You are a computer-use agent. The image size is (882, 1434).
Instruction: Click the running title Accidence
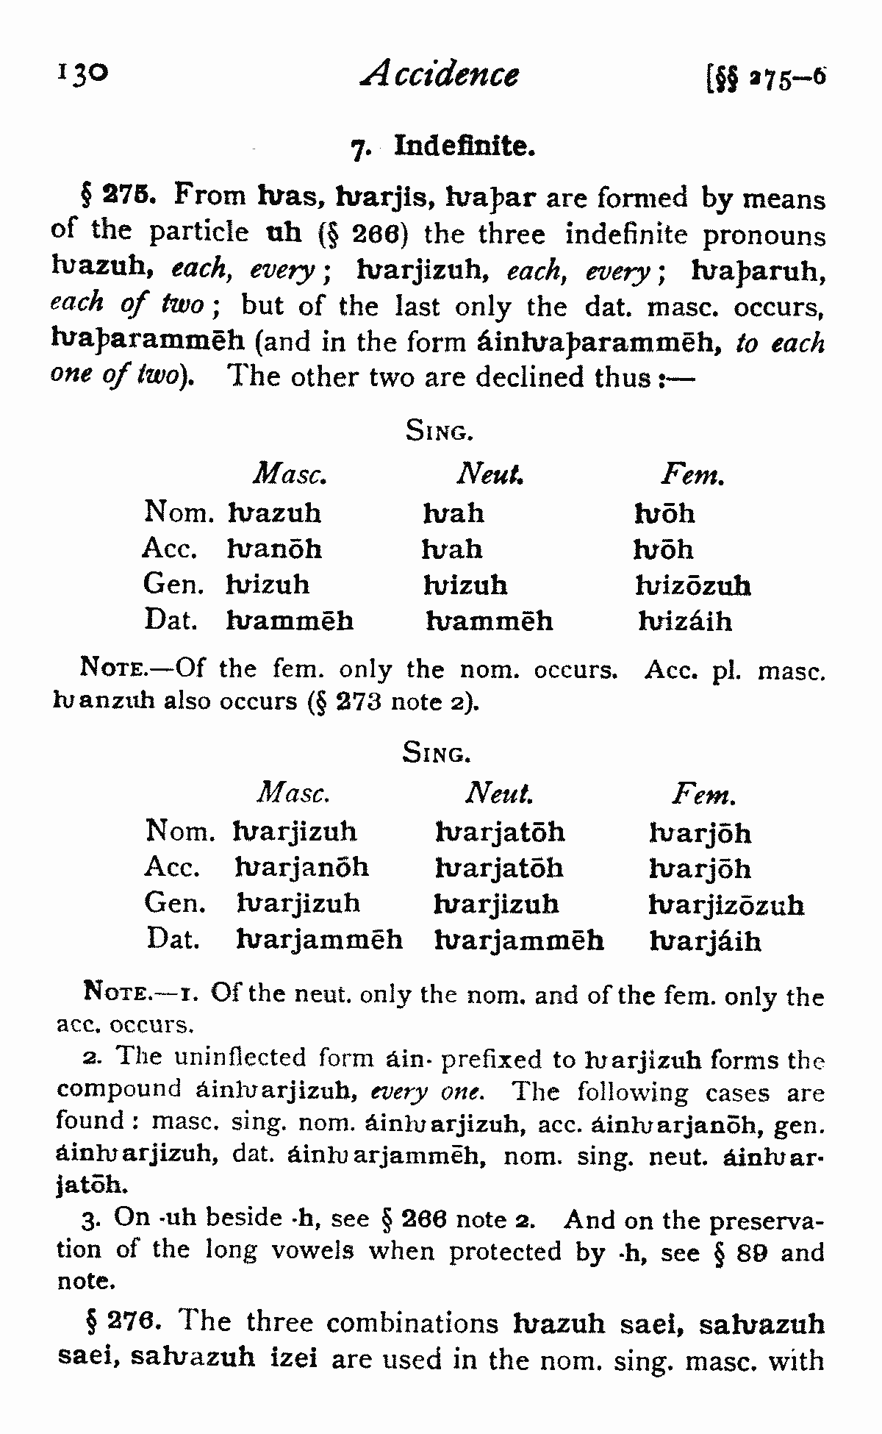440,74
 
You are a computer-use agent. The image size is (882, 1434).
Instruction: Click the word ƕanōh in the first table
274,549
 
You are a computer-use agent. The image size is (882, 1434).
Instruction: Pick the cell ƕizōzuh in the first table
692,586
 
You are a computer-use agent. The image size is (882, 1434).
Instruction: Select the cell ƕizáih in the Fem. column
685,622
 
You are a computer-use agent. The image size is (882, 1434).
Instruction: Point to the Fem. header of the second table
703,795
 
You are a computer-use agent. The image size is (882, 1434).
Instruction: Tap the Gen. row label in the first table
174,585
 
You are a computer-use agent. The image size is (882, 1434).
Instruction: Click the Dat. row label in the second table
173,938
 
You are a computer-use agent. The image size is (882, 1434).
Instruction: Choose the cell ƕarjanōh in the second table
302,868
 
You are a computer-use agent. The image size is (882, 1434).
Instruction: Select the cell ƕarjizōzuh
726,905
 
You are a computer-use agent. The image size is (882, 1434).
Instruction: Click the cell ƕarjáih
706,941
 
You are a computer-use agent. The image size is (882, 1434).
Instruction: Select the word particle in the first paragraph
198,233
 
